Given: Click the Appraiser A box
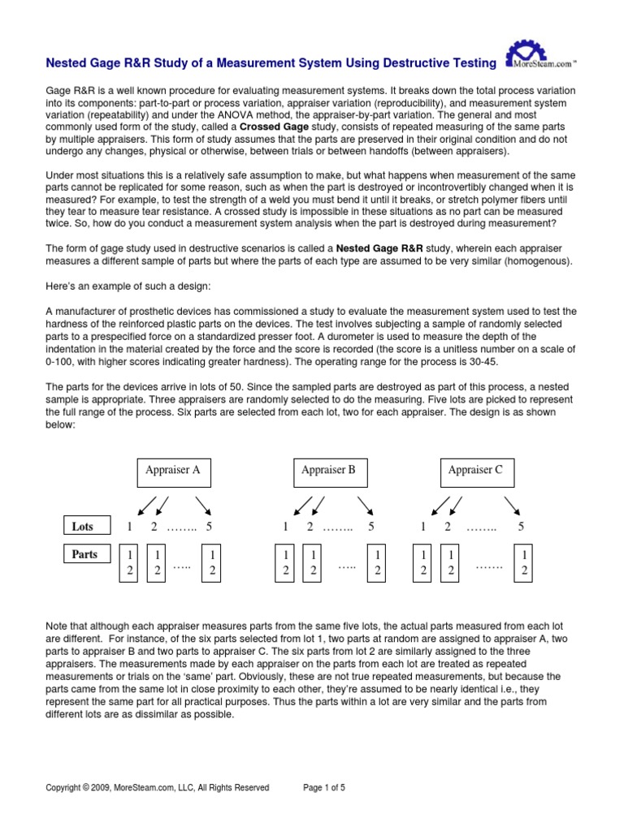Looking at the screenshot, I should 172,471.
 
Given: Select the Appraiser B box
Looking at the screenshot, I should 328,471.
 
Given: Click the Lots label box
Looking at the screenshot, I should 85,526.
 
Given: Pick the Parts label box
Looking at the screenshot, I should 85,555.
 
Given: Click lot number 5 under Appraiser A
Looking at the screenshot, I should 210,527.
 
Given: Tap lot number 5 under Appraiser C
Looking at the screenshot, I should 521,527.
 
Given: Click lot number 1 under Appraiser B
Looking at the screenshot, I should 285,527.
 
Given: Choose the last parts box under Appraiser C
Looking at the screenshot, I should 524,562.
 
